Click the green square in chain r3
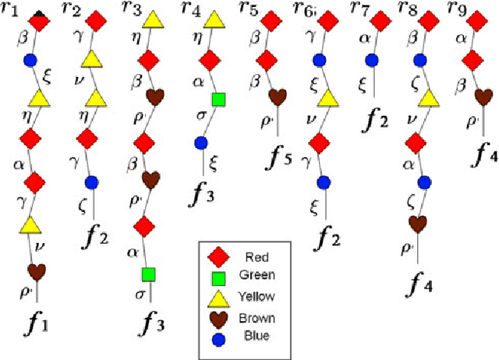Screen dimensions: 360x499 [x=149, y=274]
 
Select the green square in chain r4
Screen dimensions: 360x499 [x=219, y=99]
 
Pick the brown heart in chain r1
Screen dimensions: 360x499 [x=36, y=271]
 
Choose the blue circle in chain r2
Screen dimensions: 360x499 [x=92, y=182]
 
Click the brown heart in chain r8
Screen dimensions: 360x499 [x=419, y=224]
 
